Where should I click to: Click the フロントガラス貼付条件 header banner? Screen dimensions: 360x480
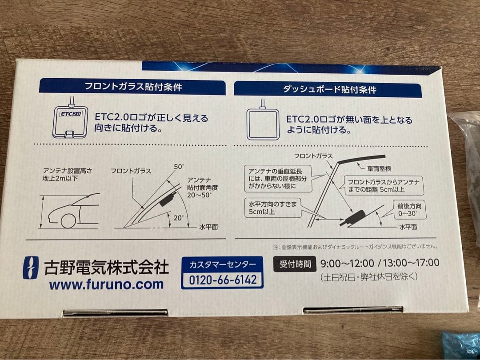click(132, 87)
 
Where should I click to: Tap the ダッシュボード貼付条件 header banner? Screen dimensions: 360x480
click(328, 89)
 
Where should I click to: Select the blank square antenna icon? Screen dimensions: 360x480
click(263, 124)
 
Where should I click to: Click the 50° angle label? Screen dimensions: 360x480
click(179, 167)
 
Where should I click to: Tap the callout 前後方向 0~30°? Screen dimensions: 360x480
click(409, 209)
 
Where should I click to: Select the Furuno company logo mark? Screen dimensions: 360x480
click(31, 268)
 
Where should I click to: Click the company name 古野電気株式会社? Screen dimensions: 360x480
click(106, 267)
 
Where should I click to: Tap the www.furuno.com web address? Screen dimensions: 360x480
click(106, 284)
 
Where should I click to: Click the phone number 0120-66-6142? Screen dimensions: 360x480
click(223, 280)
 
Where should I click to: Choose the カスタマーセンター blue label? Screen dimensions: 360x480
click(223, 265)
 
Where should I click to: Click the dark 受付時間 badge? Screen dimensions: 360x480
click(294, 264)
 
